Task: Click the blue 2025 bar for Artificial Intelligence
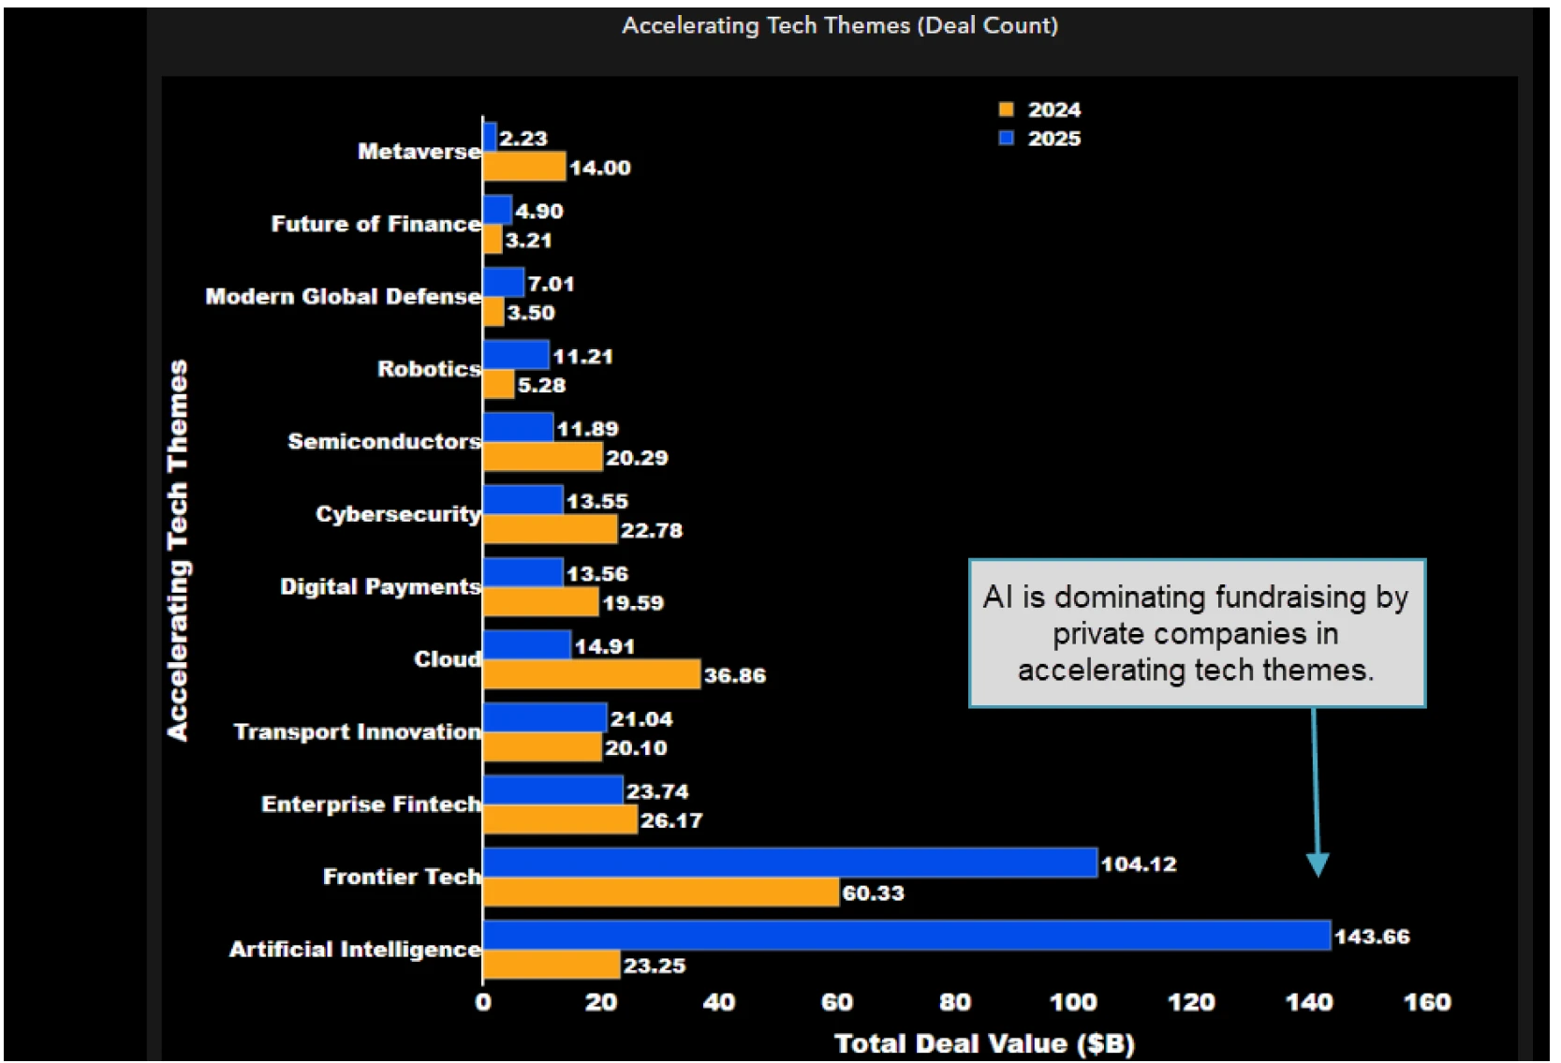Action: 906,935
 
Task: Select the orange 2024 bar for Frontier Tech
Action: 661,893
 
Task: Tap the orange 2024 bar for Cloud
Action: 592,674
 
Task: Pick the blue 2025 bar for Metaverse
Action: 490,137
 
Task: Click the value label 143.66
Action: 1371,937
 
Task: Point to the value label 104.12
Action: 1138,864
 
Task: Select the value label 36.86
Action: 734,675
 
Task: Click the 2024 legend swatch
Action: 1007,110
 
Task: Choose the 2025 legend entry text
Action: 1053,139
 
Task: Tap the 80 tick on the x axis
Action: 954,1002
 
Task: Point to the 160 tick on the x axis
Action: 1426,1002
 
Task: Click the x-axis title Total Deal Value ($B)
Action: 984,1043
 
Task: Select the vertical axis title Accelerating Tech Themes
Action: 178,551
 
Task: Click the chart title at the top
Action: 840,25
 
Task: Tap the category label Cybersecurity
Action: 398,514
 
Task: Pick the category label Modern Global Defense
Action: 343,297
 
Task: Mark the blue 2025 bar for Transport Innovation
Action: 545,717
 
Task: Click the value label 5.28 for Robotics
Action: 541,385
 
